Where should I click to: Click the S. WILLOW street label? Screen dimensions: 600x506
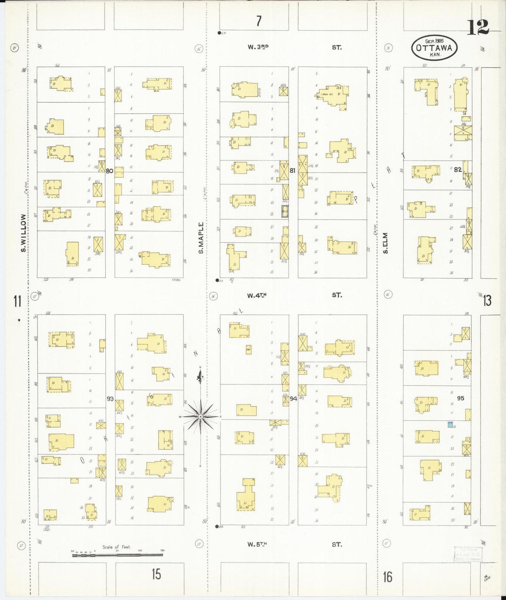[23, 233]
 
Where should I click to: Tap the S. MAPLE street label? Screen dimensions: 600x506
[201, 238]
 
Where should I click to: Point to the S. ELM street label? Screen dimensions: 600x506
[385, 243]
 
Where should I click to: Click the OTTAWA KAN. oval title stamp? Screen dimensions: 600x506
[434, 48]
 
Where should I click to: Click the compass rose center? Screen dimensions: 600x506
[200, 417]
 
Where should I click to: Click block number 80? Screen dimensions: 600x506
[109, 171]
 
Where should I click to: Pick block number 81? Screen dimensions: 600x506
[293, 171]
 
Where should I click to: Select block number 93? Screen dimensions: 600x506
[110, 398]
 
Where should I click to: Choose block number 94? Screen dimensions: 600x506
[293, 398]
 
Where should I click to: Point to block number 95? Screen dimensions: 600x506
[460, 398]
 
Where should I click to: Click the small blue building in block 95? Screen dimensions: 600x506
[450, 425]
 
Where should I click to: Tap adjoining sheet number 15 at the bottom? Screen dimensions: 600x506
[156, 574]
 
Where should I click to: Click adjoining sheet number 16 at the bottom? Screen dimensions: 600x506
[388, 577]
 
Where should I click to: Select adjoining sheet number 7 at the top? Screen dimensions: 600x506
[258, 21]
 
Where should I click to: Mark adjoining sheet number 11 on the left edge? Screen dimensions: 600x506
[18, 301]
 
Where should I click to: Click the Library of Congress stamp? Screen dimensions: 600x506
[467, 554]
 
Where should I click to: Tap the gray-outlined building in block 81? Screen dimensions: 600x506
[285, 211]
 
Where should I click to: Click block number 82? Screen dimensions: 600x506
[458, 169]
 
